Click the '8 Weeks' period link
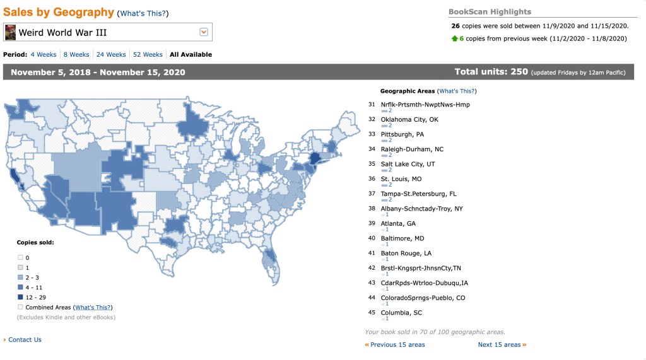pos(76,55)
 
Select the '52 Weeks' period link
pos(148,55)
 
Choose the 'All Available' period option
pos(191,55)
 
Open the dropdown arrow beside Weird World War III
pos(204,32)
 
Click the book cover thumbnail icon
pos(10,32)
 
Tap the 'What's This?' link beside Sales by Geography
pos(144,13)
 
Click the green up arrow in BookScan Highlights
pos(454,38)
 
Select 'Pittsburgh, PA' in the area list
pos(402,134)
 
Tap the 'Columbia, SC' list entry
pos(401,313)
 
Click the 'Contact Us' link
pos(25,340)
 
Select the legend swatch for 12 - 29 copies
pos(20,298)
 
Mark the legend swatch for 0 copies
pos(20,258)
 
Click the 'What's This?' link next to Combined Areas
pos(93,308)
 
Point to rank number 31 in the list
pos(372,105)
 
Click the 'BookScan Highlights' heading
pos(490,12)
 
